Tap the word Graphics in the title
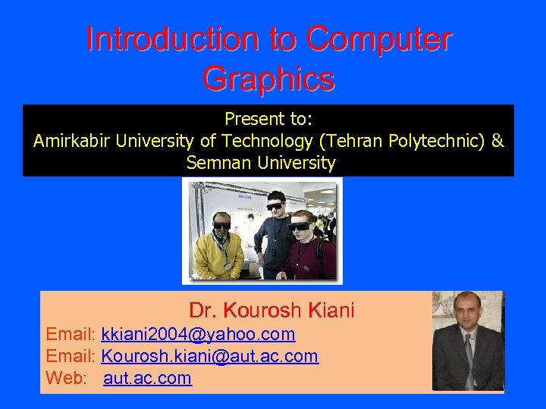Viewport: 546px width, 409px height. click(x=268, y=78)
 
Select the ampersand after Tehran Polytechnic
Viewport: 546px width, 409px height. click(x=497, y=141)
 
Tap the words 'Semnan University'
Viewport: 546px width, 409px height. click(x=261, y=163)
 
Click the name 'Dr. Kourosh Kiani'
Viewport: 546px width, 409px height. click(x=271, y=311)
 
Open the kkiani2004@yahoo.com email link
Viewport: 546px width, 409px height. click(x=198, y=334)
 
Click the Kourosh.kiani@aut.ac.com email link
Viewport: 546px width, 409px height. click(x=209, y=356)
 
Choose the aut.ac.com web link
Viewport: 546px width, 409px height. click(x=147, y=378)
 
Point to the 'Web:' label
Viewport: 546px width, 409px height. click(x=67, y=378)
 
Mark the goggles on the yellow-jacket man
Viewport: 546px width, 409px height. click(x=221, y=225)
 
